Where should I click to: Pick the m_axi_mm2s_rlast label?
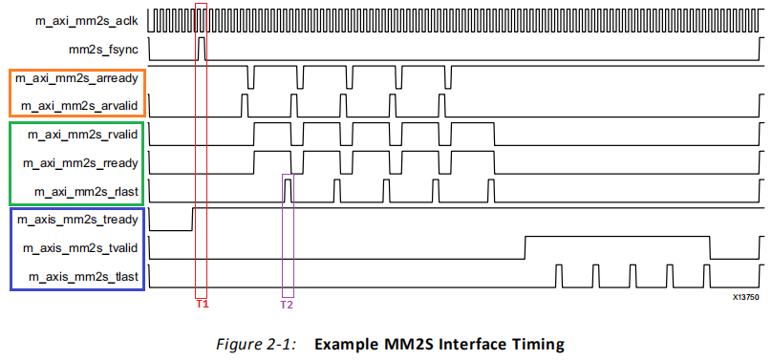(86, 191)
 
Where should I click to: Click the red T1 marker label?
(203, 304)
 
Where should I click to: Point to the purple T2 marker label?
(287, 305)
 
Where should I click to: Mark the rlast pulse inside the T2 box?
(289, 191)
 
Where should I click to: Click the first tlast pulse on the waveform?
(558, 275)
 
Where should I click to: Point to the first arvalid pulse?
(245, 105)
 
